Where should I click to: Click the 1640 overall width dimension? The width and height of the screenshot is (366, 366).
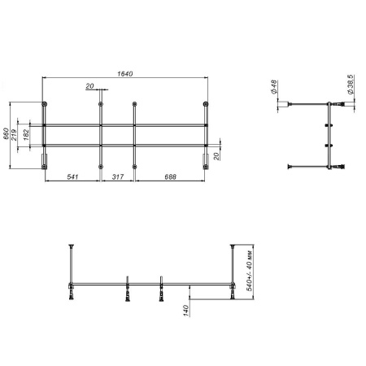[125, 74]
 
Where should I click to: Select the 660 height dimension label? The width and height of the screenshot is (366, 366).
[7, 133]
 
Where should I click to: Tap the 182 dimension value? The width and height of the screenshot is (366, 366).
[27, 133]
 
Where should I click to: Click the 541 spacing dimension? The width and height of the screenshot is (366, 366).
[72, 176]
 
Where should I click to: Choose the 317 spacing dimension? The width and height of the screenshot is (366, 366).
[117, 176]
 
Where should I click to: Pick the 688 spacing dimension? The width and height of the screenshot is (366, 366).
[171, 176]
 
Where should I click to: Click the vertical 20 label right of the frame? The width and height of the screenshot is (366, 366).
[218, 156]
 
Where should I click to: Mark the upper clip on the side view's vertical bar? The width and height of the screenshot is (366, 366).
[326, 124]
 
